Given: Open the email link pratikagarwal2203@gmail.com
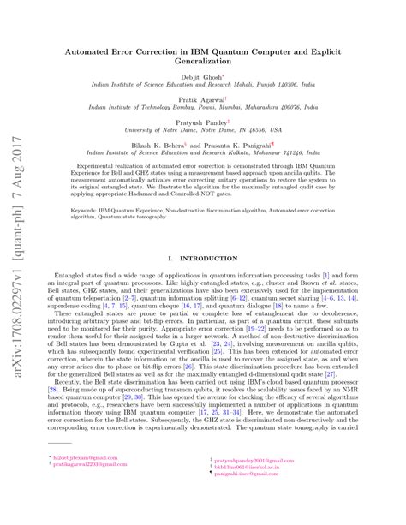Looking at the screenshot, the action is click(87, 491).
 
